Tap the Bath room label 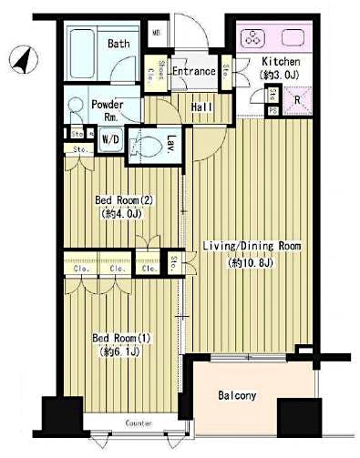coord(118,43)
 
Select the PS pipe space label coord(273,111)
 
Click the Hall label coord(201,106)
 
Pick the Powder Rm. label coord(107,109)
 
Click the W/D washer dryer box coord(109,139)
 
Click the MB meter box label coord(156,35)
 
